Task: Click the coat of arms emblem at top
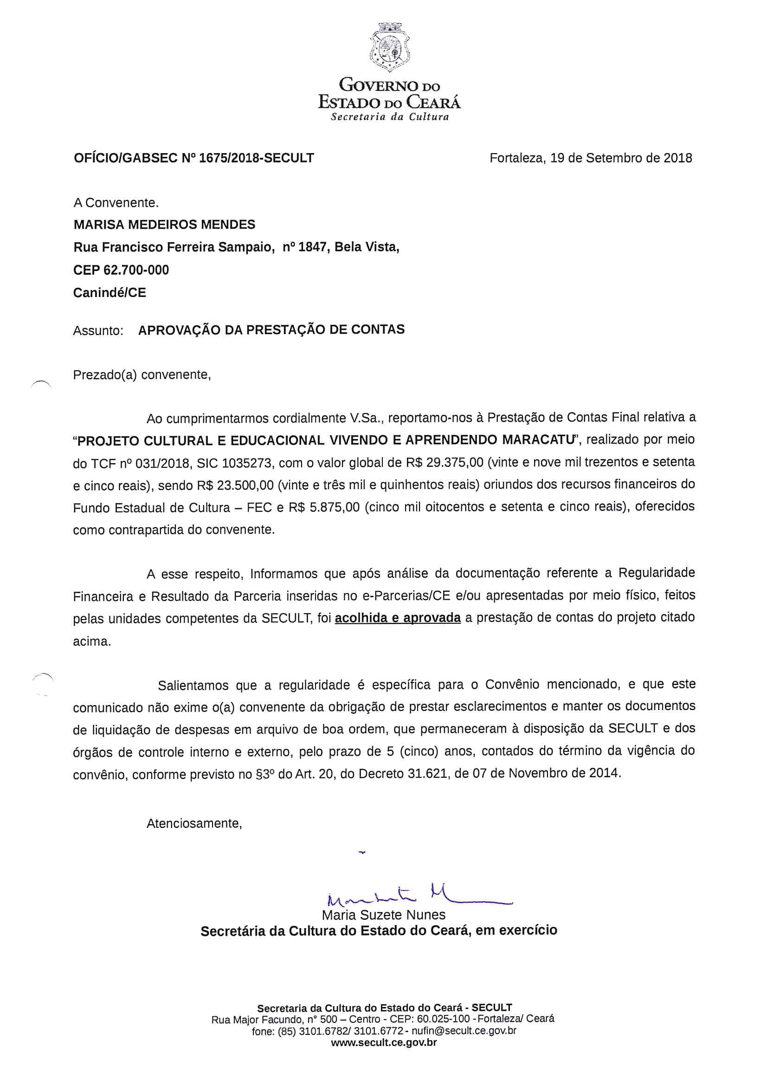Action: (389, 48)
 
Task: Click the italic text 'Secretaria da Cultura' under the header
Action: (389, 117)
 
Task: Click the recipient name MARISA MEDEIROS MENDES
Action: (164, 225)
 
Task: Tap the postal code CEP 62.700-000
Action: (121, 270)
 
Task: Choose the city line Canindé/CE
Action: (110, 292)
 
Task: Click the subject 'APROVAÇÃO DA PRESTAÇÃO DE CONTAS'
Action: (271, 329)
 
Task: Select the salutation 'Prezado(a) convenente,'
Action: (142, 375)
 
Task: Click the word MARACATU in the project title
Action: (538, 439)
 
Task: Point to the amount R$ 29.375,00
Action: (444, 462)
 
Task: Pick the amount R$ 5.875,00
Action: (324, 508)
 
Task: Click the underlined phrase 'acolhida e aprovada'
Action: (398, 618)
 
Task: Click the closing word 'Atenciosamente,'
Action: (194, 823)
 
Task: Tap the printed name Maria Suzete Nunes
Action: (383, 915)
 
